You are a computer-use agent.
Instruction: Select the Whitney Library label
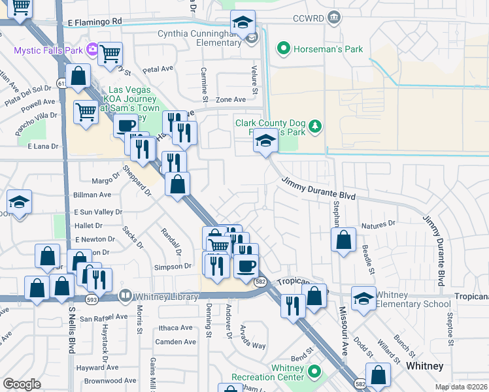point(166,297)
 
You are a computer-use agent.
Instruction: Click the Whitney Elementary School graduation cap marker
point(363,298)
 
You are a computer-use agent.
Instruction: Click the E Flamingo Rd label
point(95,22)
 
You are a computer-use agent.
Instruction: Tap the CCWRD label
point(309,17)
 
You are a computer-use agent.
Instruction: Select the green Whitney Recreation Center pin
point(314,372)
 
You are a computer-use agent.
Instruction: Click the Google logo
point(22,384)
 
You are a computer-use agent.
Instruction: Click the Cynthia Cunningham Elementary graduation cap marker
point(244,24)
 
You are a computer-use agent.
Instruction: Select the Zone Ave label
point(231,99)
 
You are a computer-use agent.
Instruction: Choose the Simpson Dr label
point(172,267)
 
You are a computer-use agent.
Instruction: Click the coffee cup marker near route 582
point(246,266)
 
